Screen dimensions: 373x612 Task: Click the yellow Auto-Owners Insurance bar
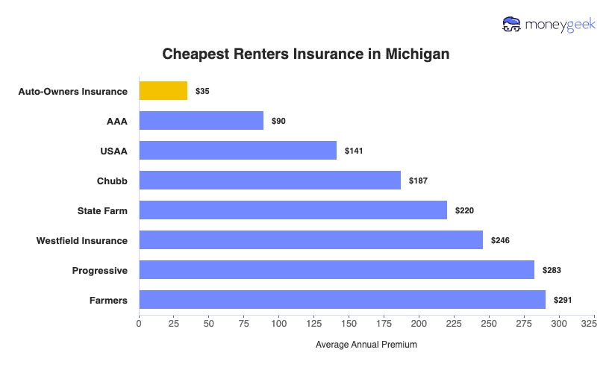(163, 91)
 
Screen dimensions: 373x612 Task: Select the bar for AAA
(201, 121)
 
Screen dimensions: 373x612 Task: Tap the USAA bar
(237, 151)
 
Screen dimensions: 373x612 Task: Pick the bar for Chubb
(269, 181)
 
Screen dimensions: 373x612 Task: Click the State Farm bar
(293, 210)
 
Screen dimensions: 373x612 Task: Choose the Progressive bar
(337, 270)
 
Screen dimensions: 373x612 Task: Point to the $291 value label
(563, 300)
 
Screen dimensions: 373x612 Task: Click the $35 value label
(202, 91)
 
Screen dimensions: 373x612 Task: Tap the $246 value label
(500, 240)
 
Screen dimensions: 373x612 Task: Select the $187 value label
(418, 181)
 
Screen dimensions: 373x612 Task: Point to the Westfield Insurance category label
(82, 240)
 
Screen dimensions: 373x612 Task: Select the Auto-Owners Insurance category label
(73, 91)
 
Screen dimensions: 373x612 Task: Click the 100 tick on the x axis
(279, 324)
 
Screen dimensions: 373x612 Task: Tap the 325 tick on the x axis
(588, 324)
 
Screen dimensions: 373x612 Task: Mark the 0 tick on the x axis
(139, 324)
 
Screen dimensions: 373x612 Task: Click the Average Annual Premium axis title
(366, 345)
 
